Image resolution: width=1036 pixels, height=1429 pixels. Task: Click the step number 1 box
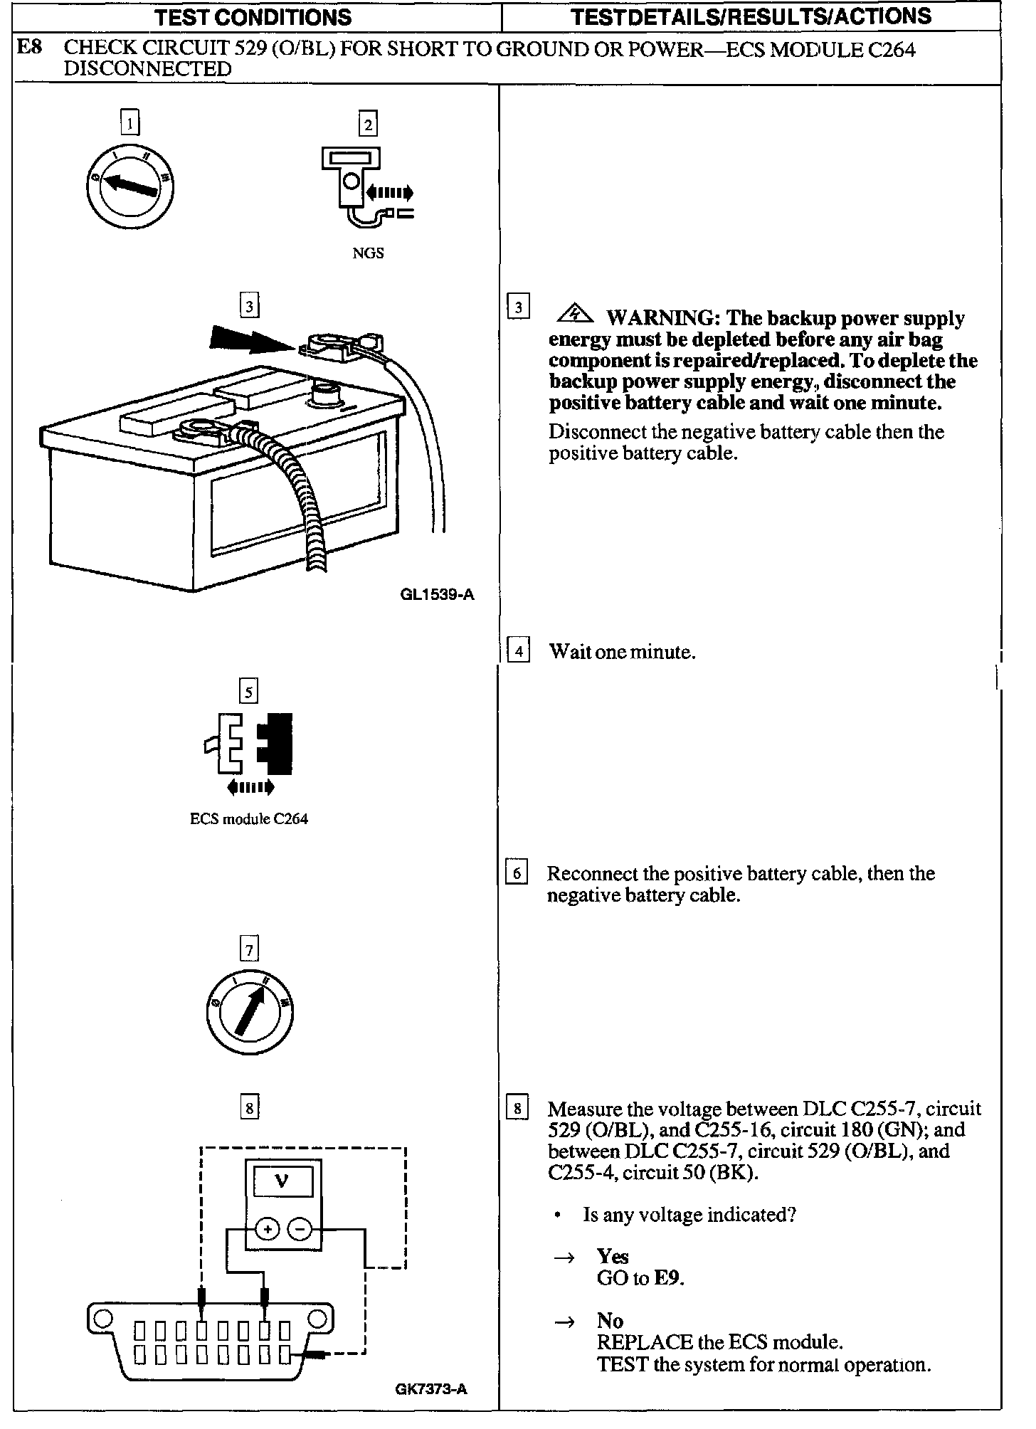[x=129, y=123]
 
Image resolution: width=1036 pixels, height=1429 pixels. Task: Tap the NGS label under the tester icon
[x=368, y=253]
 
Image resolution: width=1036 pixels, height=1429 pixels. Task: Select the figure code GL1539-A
[x=437, y=595]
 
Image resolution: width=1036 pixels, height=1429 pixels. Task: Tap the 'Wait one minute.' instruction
[x=622, y=652]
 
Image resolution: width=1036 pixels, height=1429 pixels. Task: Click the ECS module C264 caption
[x=248, y=819]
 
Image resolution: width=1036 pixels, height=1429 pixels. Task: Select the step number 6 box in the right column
[x=517, y=873]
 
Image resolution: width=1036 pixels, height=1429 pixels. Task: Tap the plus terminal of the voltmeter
[x=267, y=1229]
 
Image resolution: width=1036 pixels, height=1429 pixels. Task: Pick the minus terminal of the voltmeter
[x=300, y=1229]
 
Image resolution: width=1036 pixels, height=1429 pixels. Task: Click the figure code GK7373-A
[x=431, y=1389]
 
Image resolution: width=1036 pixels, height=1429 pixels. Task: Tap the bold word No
[x=610, y=1321]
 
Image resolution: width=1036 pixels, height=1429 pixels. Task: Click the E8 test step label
[x=29, y=48]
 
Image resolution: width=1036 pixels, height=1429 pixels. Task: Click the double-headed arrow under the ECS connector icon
[x=250, y=787]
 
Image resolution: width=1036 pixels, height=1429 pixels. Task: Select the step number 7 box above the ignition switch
[x=249, y=949]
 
